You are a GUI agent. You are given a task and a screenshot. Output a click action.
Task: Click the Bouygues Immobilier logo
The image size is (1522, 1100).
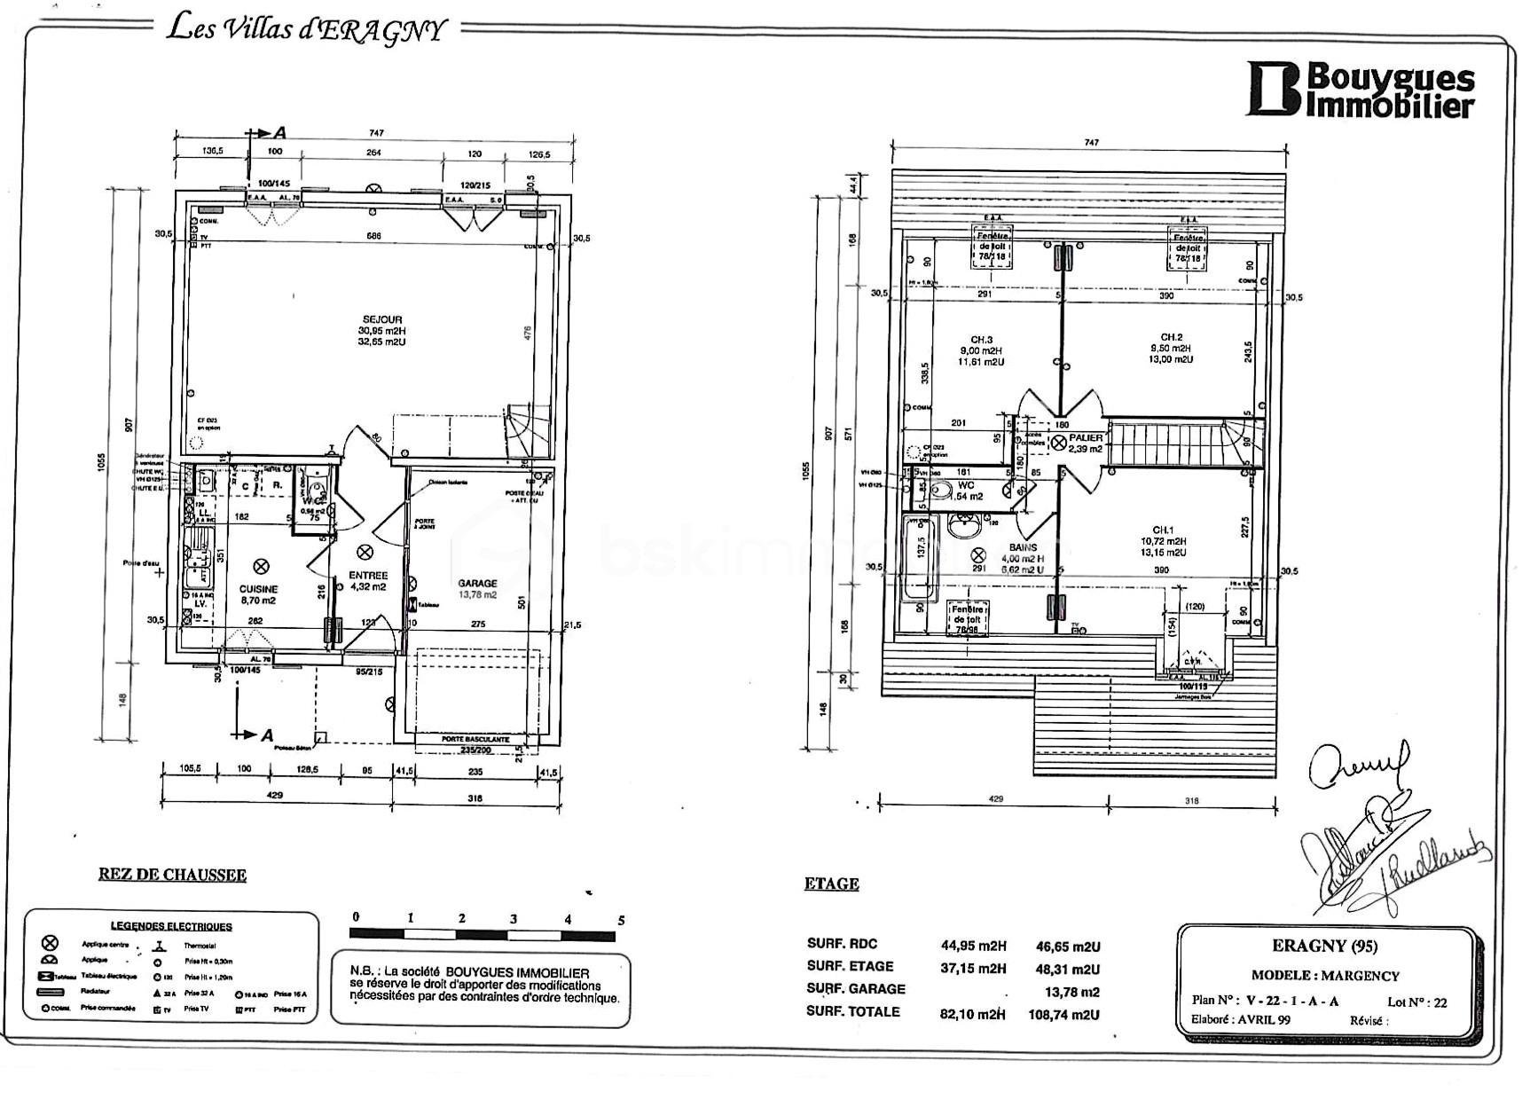(x=1361, y=90)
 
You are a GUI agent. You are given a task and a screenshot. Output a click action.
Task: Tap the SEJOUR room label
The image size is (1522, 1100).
(x=381, y=319)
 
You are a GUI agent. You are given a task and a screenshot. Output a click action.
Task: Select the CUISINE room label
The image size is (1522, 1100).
(x=259, y=589)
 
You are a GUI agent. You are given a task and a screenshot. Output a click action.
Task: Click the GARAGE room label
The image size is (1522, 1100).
(x=477, y=583)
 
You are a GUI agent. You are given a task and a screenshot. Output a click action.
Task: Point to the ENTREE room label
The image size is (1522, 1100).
(x=368, y=576)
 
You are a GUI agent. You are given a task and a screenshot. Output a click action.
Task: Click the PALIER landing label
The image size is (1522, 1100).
(x=1086, y=437)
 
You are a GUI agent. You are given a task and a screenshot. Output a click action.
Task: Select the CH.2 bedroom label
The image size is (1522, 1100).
(x=1172, y=337)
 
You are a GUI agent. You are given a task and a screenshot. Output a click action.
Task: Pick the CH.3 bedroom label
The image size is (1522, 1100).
(x=981, y=339)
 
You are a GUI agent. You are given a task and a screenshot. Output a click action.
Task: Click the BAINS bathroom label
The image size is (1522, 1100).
(x=1022, y=547)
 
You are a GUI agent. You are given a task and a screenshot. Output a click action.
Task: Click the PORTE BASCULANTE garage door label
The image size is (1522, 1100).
(x=475, y=739)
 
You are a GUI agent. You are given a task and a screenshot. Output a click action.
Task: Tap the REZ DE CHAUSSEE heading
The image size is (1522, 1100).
(x=172, y=875)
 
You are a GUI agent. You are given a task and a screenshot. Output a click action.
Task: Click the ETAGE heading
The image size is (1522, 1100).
(x=831, y=884)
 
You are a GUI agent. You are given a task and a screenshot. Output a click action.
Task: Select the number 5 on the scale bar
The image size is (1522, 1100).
(x=621, y=920)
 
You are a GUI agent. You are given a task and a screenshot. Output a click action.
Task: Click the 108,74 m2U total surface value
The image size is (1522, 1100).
(x=1068, y=1014)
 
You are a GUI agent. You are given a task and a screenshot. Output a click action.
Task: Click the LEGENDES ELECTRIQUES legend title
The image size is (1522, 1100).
(x=171, y=926)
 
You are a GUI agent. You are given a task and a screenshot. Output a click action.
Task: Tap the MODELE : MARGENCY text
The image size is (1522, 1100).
(x=1325, y=975)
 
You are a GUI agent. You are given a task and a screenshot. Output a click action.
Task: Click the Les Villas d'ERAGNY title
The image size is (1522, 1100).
(x=306, y=29)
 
